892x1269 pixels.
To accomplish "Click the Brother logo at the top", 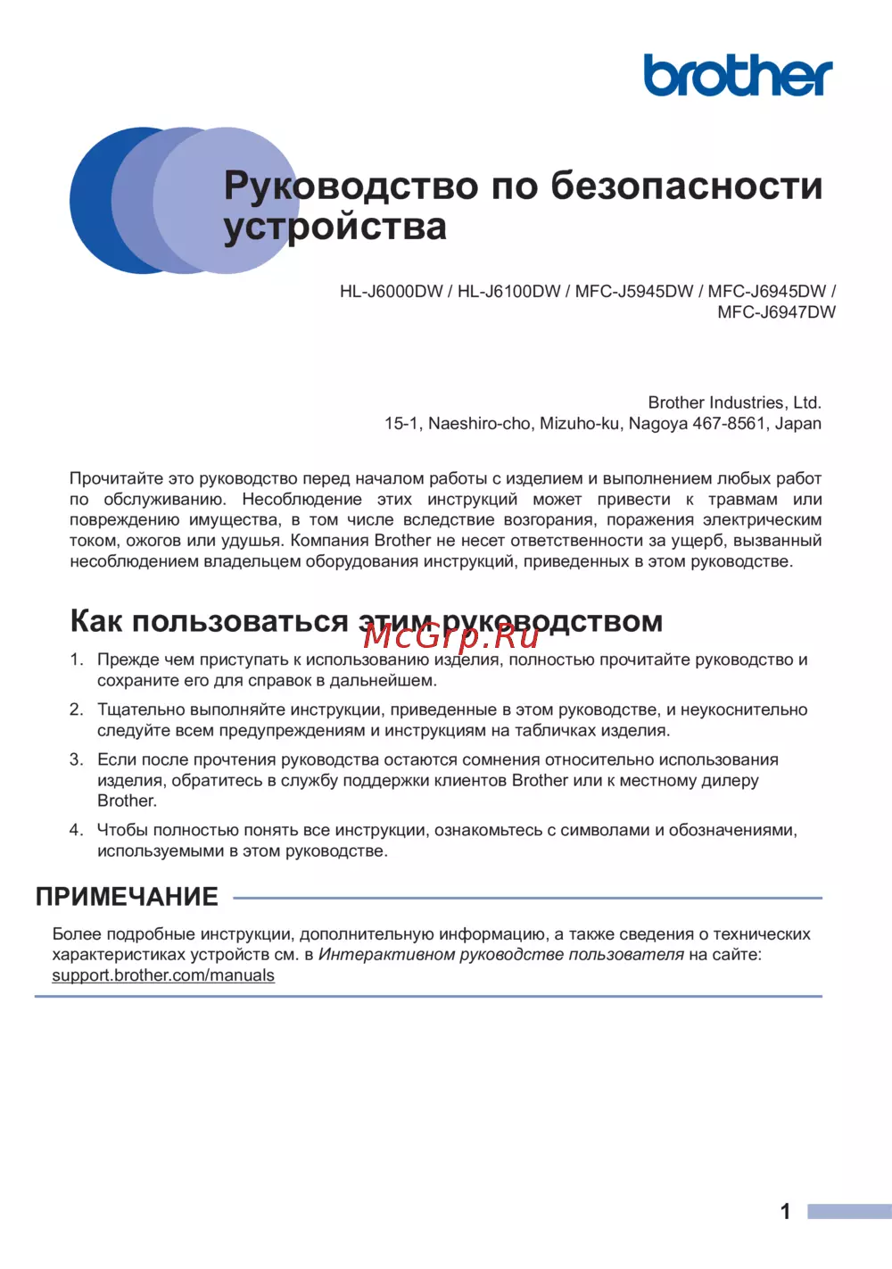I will click(738, 75).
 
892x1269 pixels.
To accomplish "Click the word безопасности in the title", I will click(687, 186).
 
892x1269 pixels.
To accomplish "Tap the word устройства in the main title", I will click(335, 227).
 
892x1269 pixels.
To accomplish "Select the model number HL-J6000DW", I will click(391, 292).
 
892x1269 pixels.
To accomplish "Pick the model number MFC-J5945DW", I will click(634, 292).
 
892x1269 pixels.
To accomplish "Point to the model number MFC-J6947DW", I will click(776, 312).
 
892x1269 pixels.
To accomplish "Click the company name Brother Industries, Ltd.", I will click(734, 402).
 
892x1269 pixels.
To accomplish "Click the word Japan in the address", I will click(798, 424).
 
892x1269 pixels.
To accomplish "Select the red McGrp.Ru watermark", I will click(451, 635).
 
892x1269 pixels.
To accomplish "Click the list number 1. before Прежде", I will click(77, 659).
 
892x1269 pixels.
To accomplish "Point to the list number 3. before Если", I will click(77, 759).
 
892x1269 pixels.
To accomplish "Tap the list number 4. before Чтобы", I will click(77, 830).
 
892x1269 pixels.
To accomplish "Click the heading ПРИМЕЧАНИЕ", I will click(127, 897).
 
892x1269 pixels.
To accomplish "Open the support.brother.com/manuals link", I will click(163, 975).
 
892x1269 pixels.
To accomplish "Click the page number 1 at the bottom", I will click(785, 1211).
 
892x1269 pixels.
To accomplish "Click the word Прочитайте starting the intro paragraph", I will click(114, 478).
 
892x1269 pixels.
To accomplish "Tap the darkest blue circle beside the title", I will click(94, 200).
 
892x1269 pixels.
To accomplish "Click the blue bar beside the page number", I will click(849, 1211).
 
